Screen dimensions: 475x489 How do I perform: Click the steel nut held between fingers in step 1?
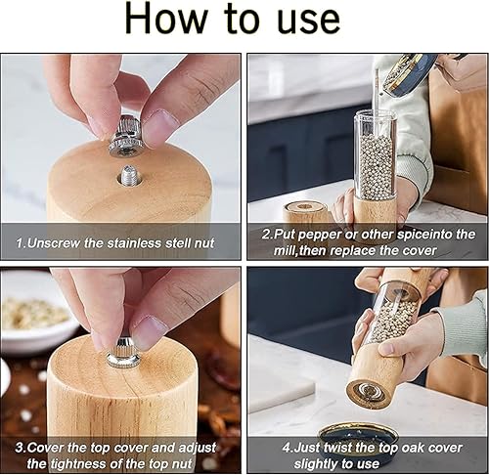point(126,136)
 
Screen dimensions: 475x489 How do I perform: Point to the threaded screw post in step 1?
point(130,176)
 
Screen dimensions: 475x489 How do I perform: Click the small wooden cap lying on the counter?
point(304,211)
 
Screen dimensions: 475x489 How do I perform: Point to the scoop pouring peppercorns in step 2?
point(411,74)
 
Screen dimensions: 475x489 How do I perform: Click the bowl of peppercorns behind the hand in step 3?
point(35,313)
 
